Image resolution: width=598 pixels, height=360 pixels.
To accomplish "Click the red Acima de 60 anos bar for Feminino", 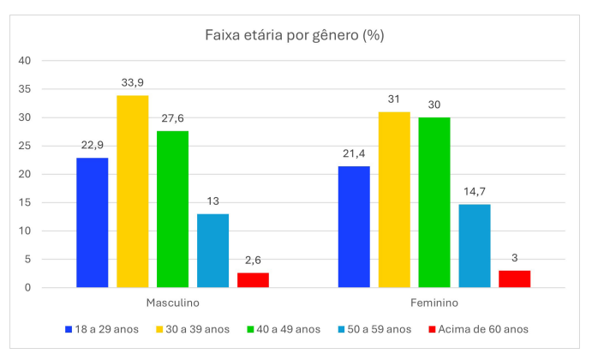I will point(514,279).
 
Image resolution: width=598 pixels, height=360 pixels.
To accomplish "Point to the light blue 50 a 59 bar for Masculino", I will point(212,250).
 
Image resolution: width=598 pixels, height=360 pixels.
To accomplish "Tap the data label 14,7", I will point(474,193).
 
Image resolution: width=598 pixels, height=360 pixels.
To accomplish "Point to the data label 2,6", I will point(253,261).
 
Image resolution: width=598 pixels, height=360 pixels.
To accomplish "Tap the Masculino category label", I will point(172,303).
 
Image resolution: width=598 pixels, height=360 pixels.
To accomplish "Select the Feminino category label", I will point(434,303).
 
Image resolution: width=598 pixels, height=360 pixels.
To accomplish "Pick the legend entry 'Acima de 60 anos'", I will point(486,329).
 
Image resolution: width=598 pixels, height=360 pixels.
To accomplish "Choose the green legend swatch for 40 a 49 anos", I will point(251,329).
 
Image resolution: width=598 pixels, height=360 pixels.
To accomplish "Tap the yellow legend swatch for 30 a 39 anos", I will point(158,329).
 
